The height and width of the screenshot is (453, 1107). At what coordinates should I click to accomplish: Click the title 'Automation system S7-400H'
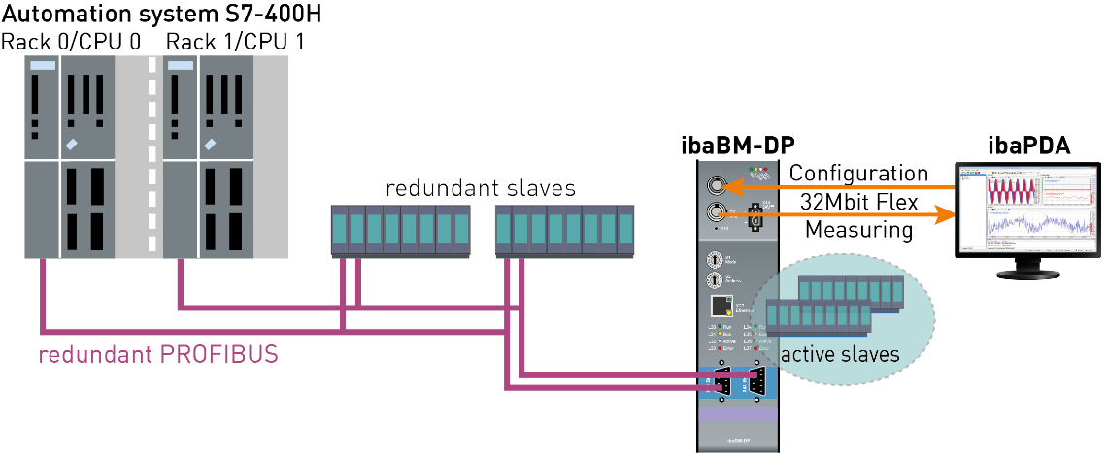(162, 16)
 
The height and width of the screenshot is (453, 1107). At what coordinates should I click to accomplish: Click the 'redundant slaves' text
(481, 188)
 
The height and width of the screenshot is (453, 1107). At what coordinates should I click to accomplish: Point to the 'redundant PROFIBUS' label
(158, 354)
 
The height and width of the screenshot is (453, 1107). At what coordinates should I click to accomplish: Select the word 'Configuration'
(858, 174)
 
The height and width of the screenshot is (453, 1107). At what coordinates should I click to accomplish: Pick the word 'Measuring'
(857, 230)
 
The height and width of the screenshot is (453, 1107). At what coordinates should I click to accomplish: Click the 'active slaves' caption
(841, 354)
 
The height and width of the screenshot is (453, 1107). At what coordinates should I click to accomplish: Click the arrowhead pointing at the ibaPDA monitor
(940, 216)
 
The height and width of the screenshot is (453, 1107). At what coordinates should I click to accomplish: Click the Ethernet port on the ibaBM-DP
(719, 307)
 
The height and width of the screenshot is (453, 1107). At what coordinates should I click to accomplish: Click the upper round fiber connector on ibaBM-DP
(720, 183)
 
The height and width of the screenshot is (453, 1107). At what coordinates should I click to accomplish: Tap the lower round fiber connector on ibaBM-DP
(720, 213)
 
